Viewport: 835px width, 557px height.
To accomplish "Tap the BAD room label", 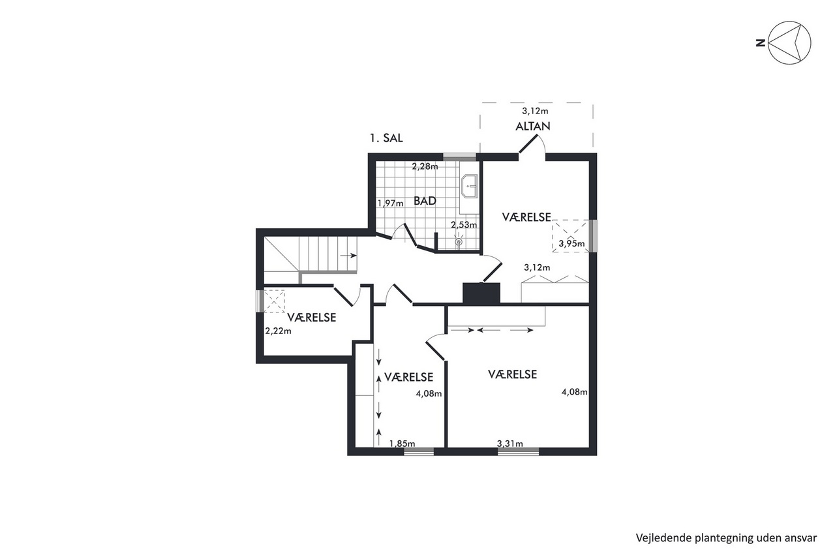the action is tap(425, 201).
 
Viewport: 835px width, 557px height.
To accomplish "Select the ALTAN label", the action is tap(533, 127).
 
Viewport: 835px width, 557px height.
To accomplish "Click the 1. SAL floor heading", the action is tap(386, 138).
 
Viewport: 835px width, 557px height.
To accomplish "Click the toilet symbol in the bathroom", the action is tap(459, 241).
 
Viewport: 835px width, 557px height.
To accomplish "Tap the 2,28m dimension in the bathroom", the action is tap(425, 166).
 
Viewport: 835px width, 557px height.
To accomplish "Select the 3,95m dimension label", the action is tap(571, 243).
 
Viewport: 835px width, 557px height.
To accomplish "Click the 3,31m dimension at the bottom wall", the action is tap(510, 444).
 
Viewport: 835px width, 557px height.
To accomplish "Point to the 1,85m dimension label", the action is tap(402, 444).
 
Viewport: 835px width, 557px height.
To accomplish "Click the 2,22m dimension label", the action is tap(278, 331).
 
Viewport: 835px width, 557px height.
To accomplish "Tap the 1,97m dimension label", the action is tap(390, 203).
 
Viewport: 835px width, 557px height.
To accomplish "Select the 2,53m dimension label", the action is tap(464, 225).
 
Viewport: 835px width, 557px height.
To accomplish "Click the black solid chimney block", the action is tap(481, 293).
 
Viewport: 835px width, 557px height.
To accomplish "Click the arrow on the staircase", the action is tap(348, 256).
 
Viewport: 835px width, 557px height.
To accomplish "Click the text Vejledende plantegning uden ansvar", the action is tap(726, 537).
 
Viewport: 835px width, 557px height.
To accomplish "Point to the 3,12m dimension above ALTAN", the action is tap(535, 111).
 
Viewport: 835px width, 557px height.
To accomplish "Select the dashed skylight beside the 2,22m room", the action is tap(275, 301).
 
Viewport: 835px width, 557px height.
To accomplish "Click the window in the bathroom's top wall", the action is tap(460, 157).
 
